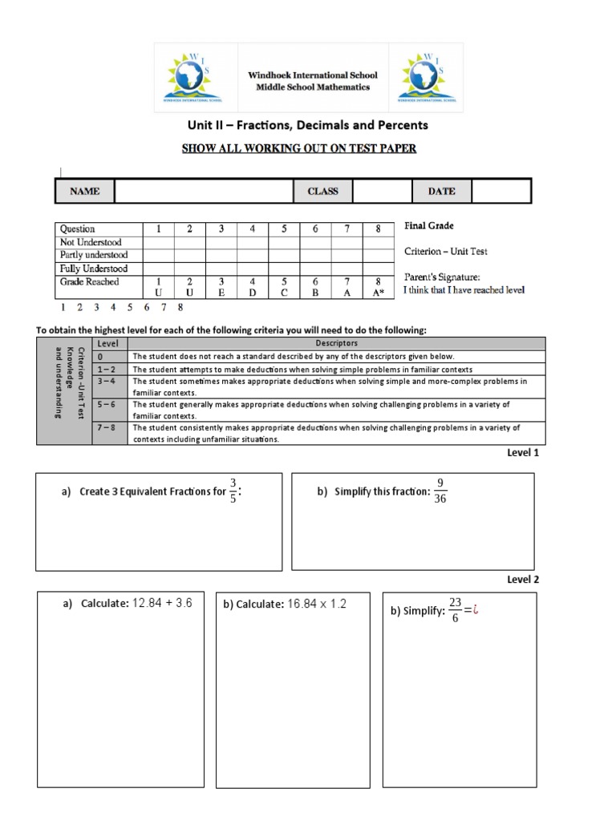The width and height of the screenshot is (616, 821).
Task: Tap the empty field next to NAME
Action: (205, 192)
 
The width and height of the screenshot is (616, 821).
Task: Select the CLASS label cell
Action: (323, 192)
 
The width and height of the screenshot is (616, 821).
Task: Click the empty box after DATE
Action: (500, 192)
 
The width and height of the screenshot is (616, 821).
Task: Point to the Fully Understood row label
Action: (94, 269)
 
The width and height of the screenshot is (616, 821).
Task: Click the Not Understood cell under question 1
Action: (158, 242)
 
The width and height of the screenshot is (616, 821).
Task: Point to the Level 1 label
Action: (523, 453)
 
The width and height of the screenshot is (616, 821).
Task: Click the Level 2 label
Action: (523, 579)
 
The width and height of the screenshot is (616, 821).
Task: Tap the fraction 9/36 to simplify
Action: (440, 491)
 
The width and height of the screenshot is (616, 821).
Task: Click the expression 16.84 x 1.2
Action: (316, 604)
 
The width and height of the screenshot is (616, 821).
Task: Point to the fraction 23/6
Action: (456, 610)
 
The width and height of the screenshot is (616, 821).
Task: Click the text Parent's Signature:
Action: (441, 277)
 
